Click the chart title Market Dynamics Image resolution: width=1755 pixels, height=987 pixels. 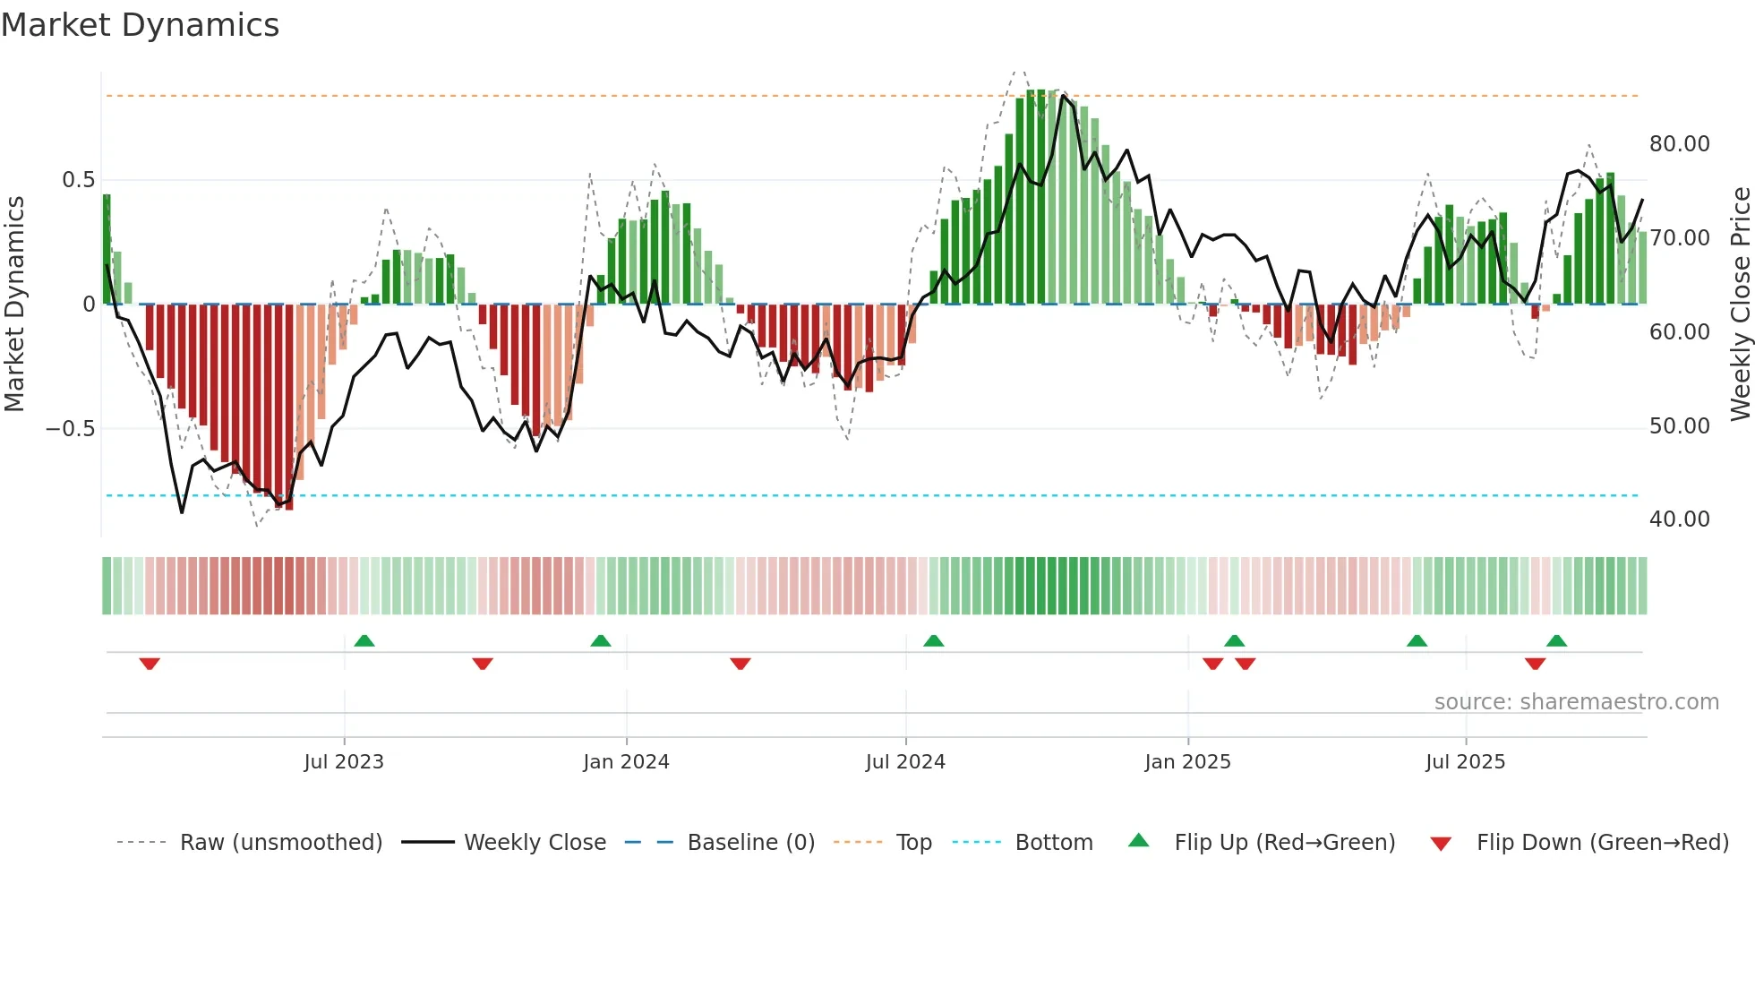point(140,25)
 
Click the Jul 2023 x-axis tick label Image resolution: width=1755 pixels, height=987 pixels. point(344,762)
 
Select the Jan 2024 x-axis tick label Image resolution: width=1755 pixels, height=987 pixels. point(626,762)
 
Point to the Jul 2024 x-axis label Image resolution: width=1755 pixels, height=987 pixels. point(905,762)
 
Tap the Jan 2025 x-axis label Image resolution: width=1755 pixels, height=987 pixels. point(1187,762)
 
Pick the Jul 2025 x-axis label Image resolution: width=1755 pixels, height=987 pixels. point(1465,762)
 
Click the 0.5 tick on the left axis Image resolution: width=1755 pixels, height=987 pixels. point(78,180)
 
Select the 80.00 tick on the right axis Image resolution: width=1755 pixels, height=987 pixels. point(1679,144)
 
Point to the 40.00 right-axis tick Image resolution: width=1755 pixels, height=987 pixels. point(1679,519)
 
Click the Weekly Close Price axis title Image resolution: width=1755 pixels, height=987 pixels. point(1740,305)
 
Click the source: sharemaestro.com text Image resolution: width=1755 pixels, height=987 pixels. point(1576,702)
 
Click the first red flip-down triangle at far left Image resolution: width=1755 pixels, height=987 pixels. point(150,664)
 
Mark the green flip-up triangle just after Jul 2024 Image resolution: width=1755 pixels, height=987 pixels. point(933,640)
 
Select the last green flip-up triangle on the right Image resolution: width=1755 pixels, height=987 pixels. point(1556,640)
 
